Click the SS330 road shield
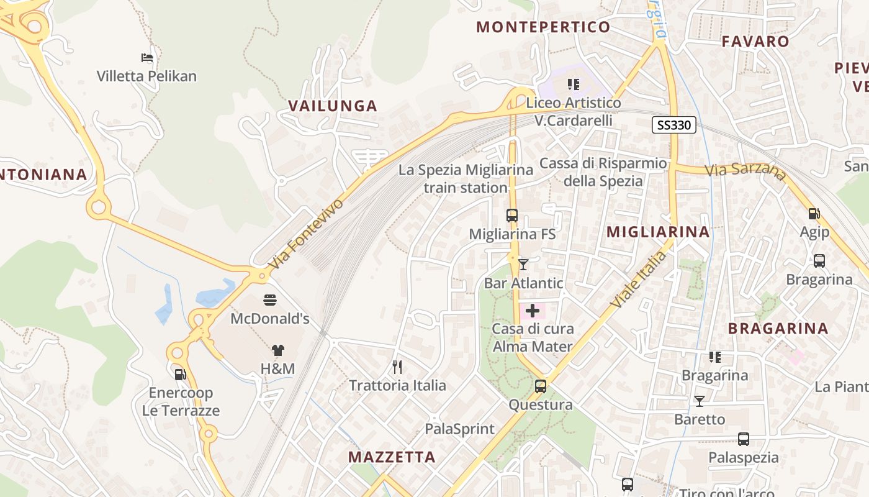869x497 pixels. click(x=673, y=125)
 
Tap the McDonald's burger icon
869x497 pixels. click(x=270, y=300)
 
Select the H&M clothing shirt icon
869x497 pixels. click(x=277, y=350)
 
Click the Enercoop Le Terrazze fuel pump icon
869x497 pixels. click(x=180, y=374)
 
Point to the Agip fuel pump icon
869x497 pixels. click(x=814, y=214)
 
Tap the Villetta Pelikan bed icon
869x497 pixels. click(x=147, y=58)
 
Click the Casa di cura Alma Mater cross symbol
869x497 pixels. click(x=533, y=310)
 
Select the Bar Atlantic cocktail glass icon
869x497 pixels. click(x=523, y=265)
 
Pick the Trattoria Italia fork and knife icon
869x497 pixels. click(x=397, y=367)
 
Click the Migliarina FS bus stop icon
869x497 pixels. click(x=512, y=216)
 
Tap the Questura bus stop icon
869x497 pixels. click(x=541, y=386)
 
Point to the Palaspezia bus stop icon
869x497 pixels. click(x=744, y=439)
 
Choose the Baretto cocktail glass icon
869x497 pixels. click(x=700, y=401)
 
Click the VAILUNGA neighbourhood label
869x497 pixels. click(x=333, y=106)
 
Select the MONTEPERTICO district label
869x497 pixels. click(x=543, y=27)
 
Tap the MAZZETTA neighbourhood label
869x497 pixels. click(x=392, y=457)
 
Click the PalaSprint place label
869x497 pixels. click(x=459, y=429)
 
